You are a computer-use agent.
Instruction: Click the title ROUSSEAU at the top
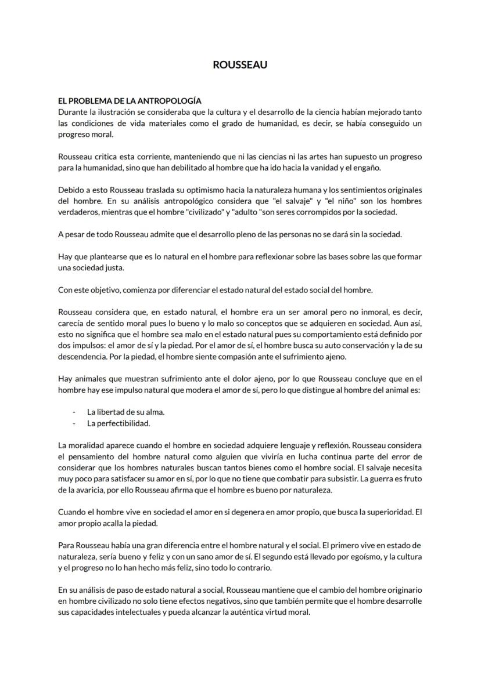click(x=240, y=65)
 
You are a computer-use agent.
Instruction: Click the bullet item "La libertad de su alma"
click(x=125, y=412)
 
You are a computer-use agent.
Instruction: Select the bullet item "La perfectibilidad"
click(x=119, y=423)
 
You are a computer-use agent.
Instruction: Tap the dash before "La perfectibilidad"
click(x=74, y=423)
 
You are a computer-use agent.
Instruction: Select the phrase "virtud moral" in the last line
click(x=286, y=612)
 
